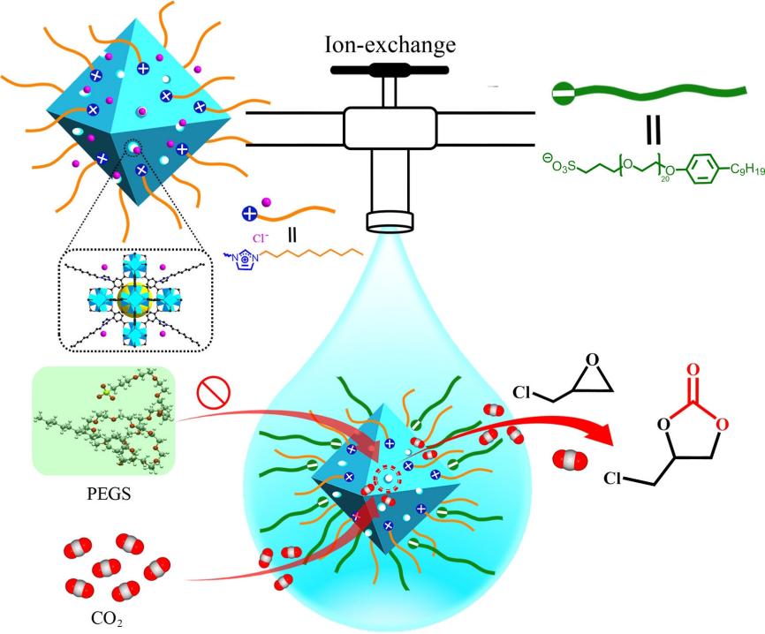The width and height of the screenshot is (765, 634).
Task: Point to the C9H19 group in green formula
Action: click(x=736, y=164)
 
